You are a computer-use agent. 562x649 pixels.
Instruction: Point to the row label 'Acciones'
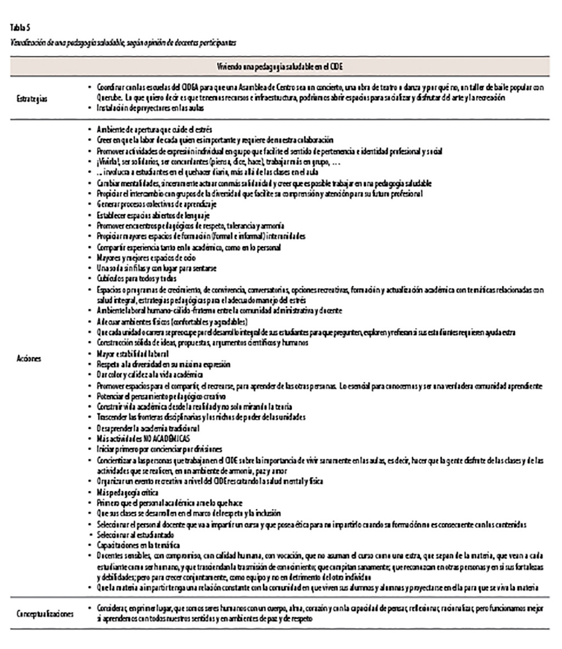point(29,358)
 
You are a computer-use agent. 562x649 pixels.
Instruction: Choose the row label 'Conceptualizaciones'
point(45,614)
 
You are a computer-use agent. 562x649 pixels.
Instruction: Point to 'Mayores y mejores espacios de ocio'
point(146,258)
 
